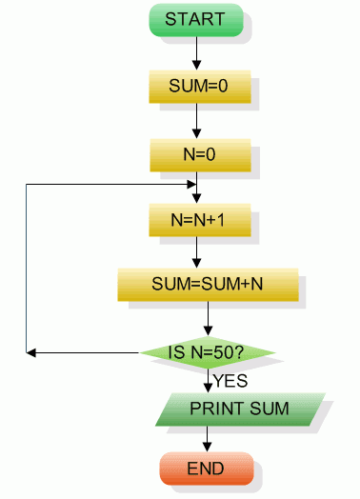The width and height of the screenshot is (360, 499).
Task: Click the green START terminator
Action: pos(195,19)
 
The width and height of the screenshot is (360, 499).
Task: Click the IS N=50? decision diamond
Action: pos(208,353)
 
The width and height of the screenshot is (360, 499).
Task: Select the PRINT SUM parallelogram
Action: pos(239,409)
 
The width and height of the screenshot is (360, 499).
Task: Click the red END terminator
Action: pos(206,469)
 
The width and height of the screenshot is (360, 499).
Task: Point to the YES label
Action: pos(230,381)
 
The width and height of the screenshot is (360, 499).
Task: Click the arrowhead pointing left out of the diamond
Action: pos(31,353)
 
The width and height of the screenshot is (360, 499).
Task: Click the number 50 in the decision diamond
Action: pos(224,353)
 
